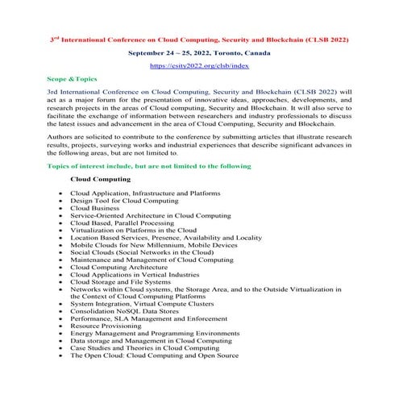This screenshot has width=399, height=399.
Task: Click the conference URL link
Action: coord(199,65)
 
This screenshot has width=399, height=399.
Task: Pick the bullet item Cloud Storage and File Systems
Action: coord(121,282)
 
